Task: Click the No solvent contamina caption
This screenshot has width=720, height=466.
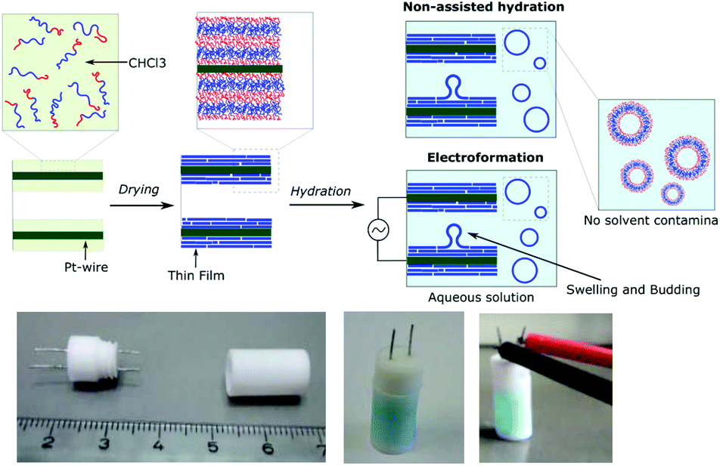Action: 650,221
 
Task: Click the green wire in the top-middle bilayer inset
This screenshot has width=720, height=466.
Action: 240,69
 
